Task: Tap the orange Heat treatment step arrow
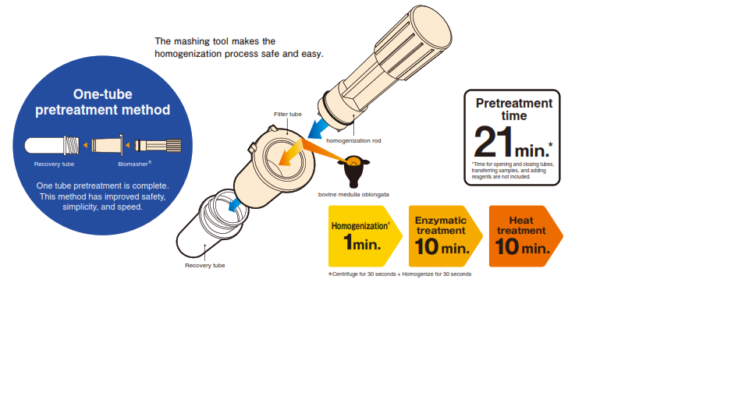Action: click(525, 236)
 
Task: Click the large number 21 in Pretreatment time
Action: click(493, 142)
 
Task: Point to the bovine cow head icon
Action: click(353, 171)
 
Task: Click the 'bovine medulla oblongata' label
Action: click(353, 194)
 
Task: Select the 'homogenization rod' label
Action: click(353, 140)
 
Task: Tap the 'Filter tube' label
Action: click(288, 114)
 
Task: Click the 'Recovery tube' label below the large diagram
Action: click(205, 266)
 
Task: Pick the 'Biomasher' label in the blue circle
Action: click(135, 164)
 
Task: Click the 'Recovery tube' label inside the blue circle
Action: click(54, 164)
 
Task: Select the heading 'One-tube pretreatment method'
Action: click(103, 101)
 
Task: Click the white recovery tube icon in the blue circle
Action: click(52, 146)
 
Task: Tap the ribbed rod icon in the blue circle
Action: click(158, 145)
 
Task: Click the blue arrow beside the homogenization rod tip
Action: click(318, 129)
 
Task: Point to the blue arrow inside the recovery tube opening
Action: click(234, 205)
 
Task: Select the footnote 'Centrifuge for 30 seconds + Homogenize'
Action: click(399, 274)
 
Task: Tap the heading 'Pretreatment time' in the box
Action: click(514, 109)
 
